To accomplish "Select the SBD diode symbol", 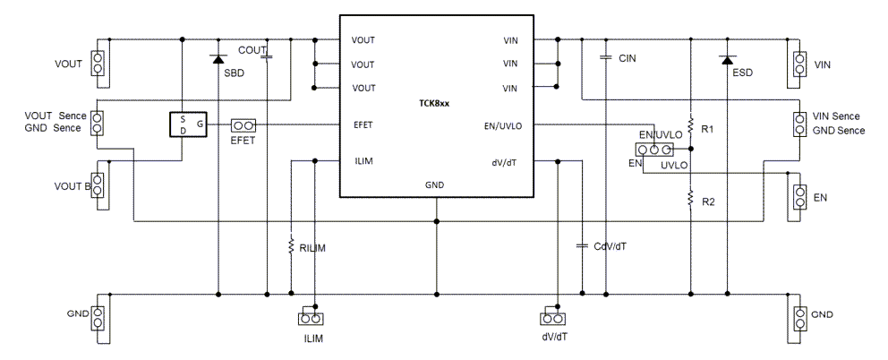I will point(218,59).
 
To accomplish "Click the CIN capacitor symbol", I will point(606,57).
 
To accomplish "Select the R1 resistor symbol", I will point(690,122).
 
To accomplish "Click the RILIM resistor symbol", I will point(291,244).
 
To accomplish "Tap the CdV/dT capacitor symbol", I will point(582,244).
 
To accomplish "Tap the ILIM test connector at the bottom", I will point(310,318).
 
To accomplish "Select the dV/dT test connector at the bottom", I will point(553,318).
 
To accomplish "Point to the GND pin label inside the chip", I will point(435,184).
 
